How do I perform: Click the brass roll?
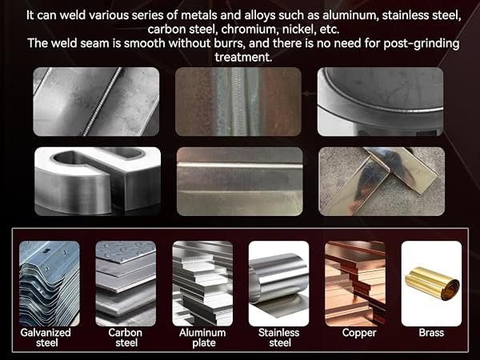432,283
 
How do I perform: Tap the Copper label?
359,333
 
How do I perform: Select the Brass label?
431,333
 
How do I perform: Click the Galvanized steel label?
46,338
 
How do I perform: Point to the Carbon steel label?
126,338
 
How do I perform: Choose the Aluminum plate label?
202,338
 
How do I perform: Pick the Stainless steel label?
279,338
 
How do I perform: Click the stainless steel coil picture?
279,283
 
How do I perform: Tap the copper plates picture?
355,283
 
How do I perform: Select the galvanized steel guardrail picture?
50,283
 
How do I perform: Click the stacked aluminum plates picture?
202,283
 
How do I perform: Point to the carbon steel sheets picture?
126,283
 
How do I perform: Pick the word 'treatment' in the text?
243,58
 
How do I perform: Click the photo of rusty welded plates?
238,102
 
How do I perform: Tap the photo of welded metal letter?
98,182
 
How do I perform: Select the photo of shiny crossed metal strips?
382,182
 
